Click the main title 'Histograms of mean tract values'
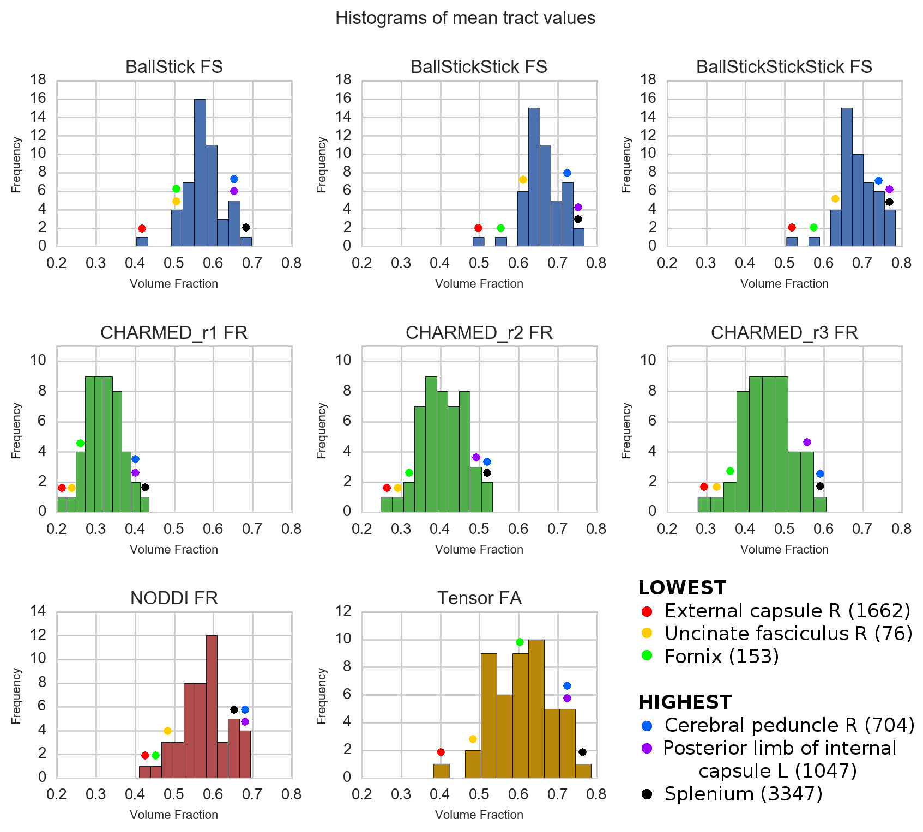click(465, 18)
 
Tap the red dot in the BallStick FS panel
click(142, 228)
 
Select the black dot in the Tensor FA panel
click(582, 752)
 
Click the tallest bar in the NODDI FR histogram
click(212, 706)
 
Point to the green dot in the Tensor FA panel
click(520, 642)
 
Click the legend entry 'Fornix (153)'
click(721, 657)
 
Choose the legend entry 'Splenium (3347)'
click(743, 794)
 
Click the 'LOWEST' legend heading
click(682, 588)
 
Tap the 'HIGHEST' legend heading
click(685, 702)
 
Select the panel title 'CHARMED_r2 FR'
click(479, 332)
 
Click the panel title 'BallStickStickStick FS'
click(784, 66)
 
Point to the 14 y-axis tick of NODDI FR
click(39, 611)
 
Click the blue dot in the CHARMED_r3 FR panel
click(820, 473)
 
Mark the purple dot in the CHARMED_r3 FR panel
click(807, 442)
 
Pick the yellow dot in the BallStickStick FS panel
click(523, 179)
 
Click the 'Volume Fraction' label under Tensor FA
click(479, 815)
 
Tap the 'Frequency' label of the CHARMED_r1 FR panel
click(16, 430)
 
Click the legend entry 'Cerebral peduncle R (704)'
click(789, 725)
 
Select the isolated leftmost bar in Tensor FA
click(441, 770)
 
